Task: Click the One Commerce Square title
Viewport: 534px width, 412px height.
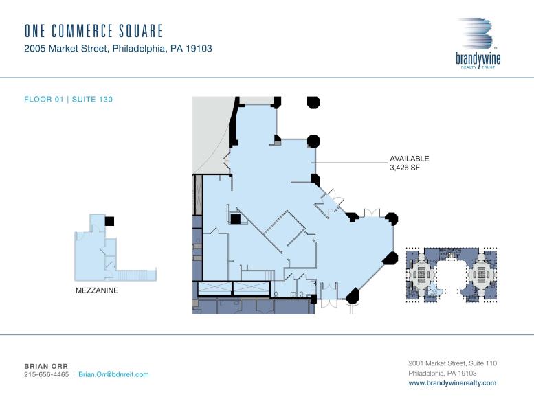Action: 93,31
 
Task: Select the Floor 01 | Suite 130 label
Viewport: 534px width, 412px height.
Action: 68,100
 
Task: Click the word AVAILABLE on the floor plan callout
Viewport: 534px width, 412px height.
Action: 410,159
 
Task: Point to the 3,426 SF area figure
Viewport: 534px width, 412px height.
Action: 405,168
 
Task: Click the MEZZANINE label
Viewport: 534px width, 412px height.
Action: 97,290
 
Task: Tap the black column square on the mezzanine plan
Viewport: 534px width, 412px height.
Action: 109,220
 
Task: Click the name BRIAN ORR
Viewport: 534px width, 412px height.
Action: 46,366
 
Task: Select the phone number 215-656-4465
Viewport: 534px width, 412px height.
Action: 46,375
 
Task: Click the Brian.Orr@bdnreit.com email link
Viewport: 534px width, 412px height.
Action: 113,375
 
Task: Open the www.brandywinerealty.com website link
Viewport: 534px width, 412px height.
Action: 452,383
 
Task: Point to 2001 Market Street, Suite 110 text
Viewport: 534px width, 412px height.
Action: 452,363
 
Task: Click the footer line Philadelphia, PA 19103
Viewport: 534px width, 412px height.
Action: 443,373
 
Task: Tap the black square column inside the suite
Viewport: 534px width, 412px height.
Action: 235,219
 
